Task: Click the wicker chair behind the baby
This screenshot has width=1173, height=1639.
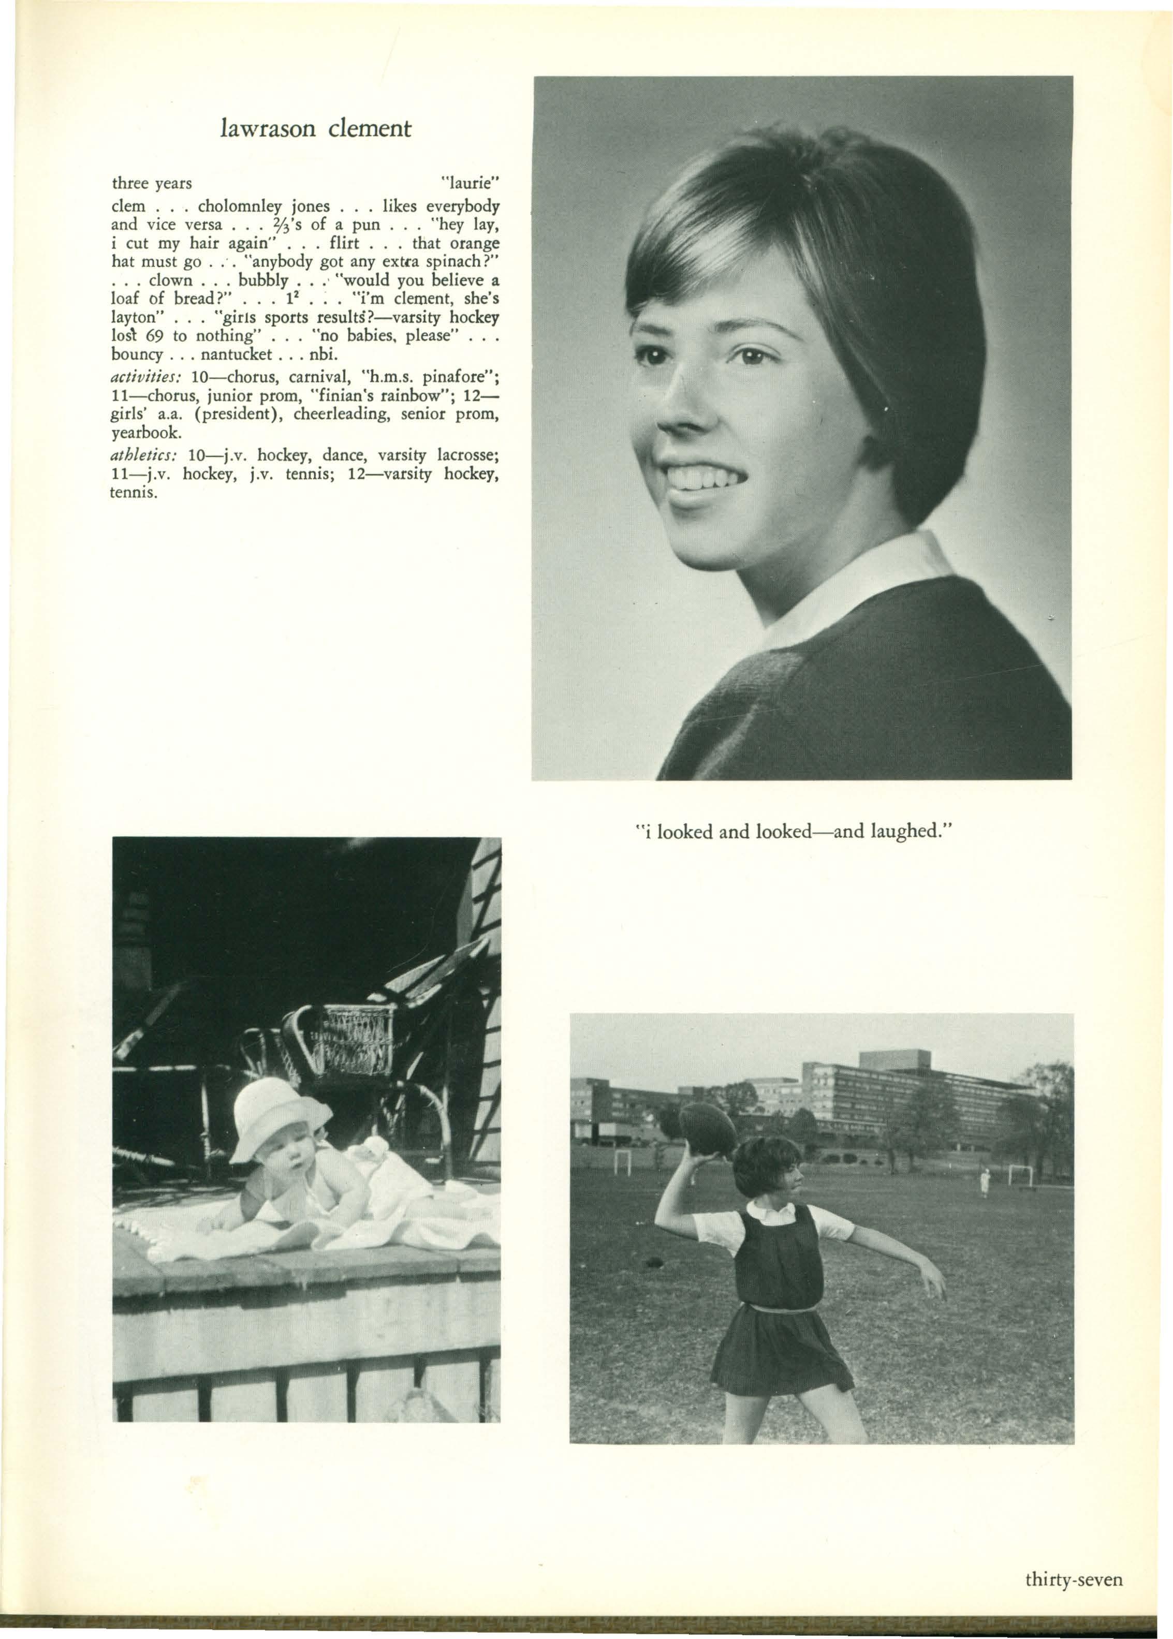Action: tap(347, 1043)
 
